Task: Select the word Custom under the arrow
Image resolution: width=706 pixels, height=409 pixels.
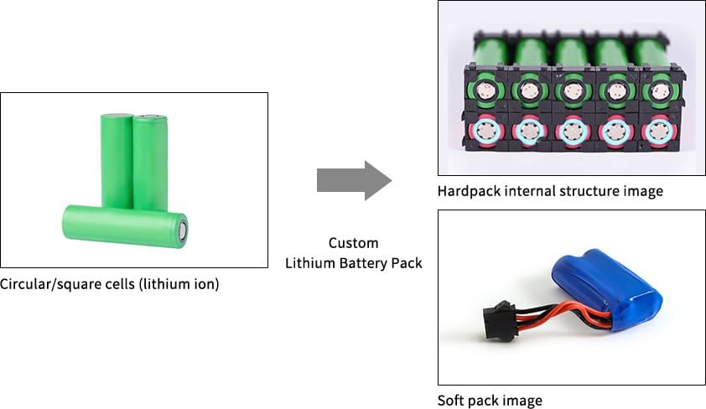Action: pyautogui.click(x=353, y=243)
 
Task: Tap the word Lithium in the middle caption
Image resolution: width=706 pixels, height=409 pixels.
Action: pyautogui.click(x=309, y=263)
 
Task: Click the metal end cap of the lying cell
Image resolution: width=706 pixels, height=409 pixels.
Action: pyautogui.click(x=182, y=228)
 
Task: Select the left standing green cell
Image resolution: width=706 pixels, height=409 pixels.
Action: pyautogui.click(x=117, y=160)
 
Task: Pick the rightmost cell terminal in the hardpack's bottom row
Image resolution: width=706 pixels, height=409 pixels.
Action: pyautogui.click(x=658, y=131)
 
